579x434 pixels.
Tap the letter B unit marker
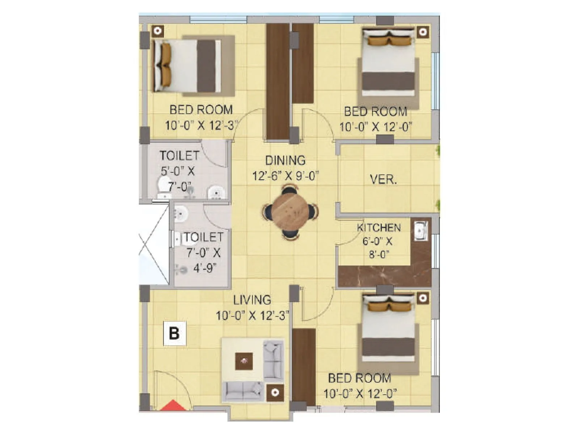tap(174, 333)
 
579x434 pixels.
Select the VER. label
tap(383, 179)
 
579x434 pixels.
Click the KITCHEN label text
tap(379, 228)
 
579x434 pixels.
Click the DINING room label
tap(285, 160)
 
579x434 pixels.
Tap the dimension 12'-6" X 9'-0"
tap(285, 176)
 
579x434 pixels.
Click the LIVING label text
tap(252, 300)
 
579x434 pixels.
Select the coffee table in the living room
tap(244, 361)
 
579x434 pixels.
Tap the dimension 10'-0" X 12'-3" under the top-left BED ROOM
tap(201, 125)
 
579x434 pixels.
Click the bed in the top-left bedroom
tap(186, 66)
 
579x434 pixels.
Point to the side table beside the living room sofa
tap(275, 392)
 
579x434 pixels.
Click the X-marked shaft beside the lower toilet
tap(153, 244)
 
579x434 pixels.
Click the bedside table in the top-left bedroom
tap(157, 31)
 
